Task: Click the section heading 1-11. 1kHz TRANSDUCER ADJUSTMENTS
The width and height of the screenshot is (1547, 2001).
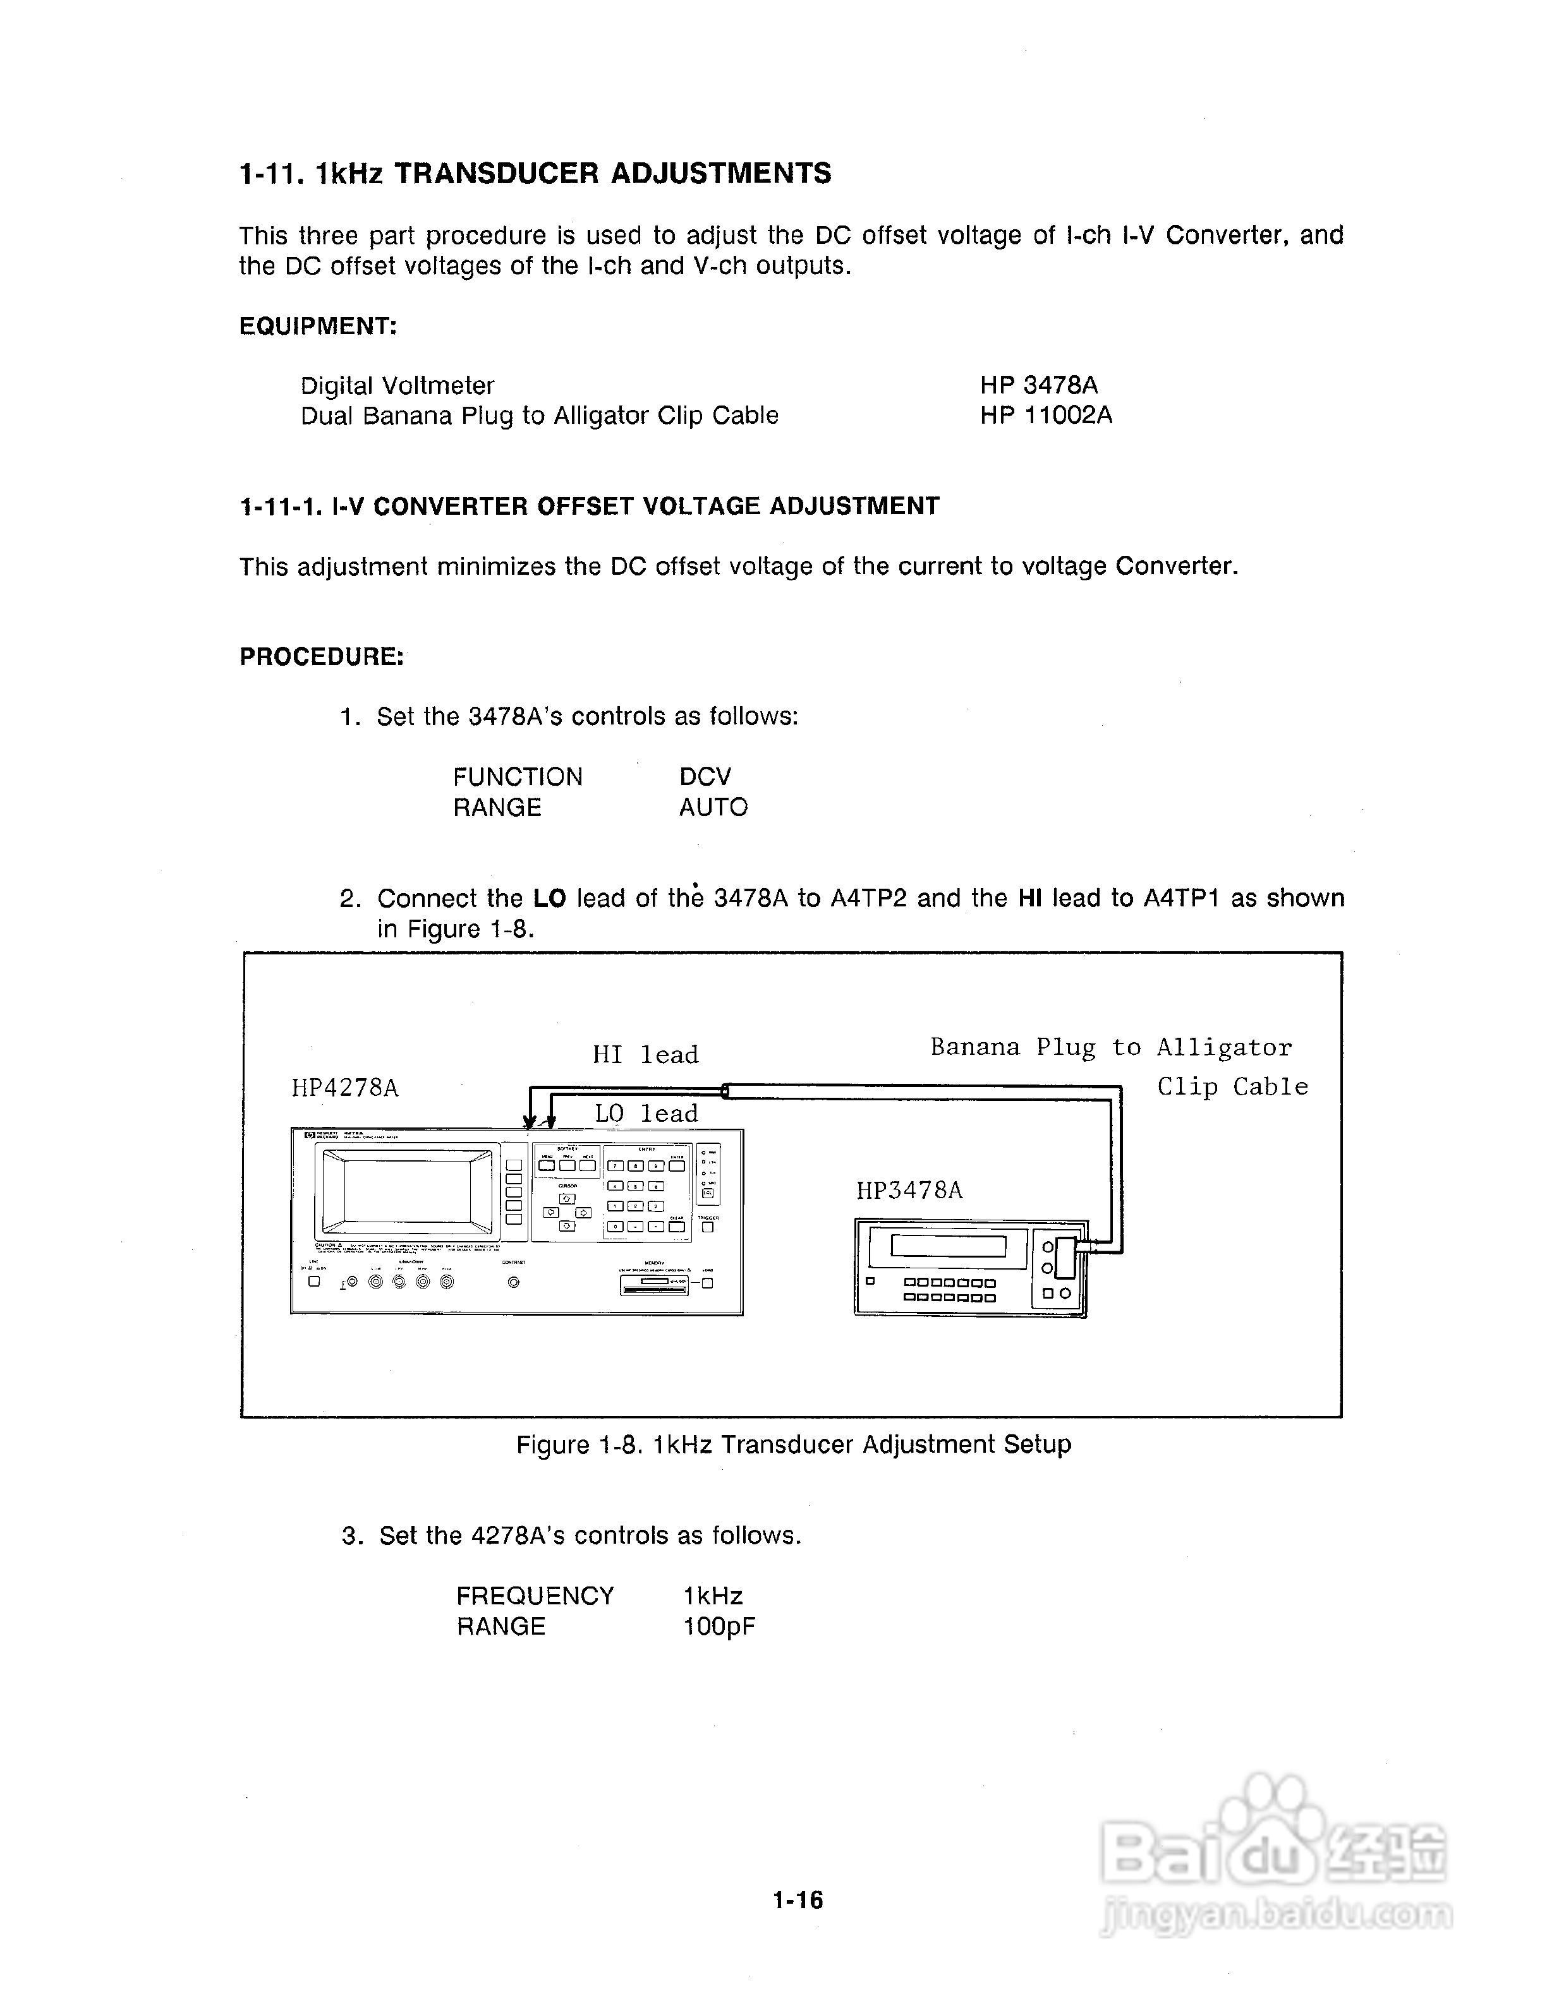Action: (535, 173)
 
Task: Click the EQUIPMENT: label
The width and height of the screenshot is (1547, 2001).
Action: (318, 326)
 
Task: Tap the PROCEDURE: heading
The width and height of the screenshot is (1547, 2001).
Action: (322, 656)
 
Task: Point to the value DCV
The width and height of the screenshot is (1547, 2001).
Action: (705, 777)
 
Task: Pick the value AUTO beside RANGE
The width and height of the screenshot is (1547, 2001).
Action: (713, 807)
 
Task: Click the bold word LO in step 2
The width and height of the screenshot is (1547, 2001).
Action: (550, 898)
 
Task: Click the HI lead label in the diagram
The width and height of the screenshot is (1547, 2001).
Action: (645, 1055)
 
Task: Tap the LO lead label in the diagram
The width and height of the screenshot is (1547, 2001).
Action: (646, 1113)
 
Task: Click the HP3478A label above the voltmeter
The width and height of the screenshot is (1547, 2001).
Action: (909, 1190)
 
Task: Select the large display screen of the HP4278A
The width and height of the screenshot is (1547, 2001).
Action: (408, 1193)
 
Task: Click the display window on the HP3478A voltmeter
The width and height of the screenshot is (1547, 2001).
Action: (948, 1246)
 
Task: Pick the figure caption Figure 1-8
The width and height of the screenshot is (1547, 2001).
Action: (792, 1445)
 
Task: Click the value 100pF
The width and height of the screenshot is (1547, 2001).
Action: (719, 1626)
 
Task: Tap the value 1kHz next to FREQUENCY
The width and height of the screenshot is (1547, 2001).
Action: (712, 1596)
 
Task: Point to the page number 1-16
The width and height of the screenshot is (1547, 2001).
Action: (798, 1900)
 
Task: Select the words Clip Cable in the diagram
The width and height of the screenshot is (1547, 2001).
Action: (1232, 1086)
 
